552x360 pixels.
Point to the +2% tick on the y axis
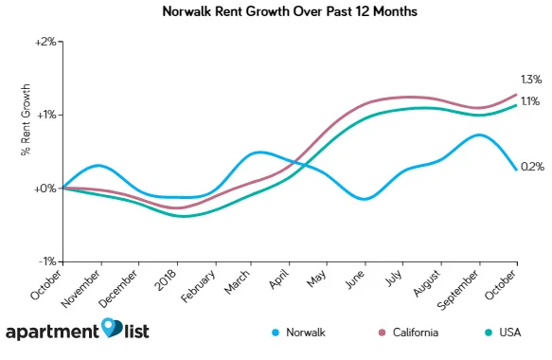[45, 42]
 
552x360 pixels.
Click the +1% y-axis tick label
[45, 115]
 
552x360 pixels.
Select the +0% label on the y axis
[45, 189]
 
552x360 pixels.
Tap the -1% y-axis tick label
[46, 261]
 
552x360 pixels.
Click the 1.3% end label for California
[530, 79]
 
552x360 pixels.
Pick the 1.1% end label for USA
[530, 101]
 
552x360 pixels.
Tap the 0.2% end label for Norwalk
[532, 167]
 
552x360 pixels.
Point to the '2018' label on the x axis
[165, 279]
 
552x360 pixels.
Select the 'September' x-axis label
[458, 288]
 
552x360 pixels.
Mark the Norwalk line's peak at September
[480, 135]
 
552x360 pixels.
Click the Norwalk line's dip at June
[365, 199]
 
